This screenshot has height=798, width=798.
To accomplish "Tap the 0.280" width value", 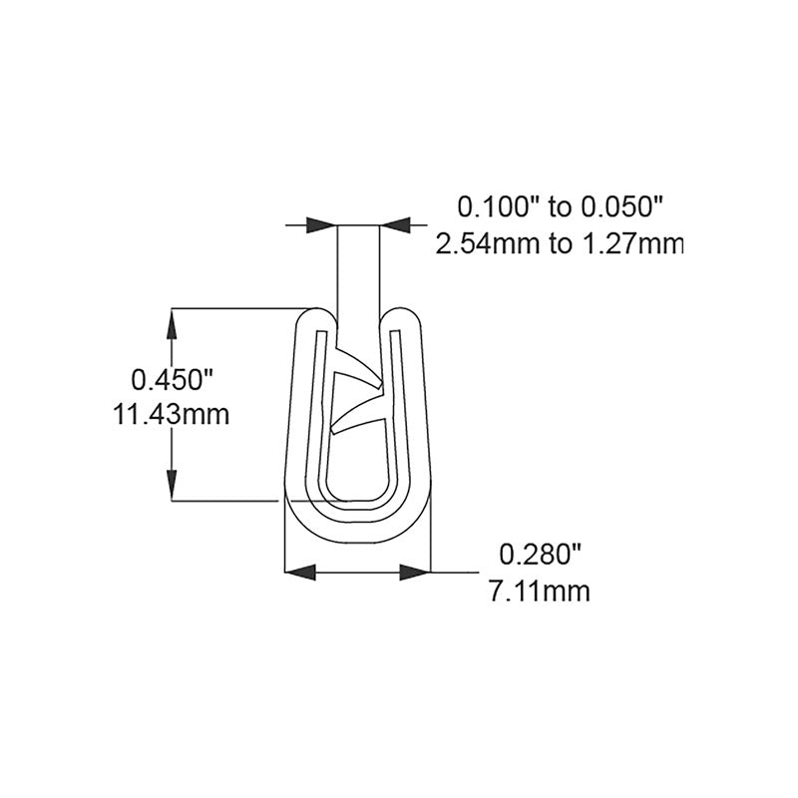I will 538,554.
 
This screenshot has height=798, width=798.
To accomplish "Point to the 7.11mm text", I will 540,591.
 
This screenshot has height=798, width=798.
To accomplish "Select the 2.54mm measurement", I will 487,242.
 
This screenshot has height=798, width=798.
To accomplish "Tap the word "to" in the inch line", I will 561,207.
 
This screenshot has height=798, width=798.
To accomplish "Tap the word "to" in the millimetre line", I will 561,242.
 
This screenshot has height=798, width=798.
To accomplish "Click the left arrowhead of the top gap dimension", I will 321,225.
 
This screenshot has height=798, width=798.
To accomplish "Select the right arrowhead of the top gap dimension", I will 396,225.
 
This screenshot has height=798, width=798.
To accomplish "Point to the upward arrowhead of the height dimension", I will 174,324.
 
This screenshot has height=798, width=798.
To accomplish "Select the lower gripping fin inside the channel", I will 355,417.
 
